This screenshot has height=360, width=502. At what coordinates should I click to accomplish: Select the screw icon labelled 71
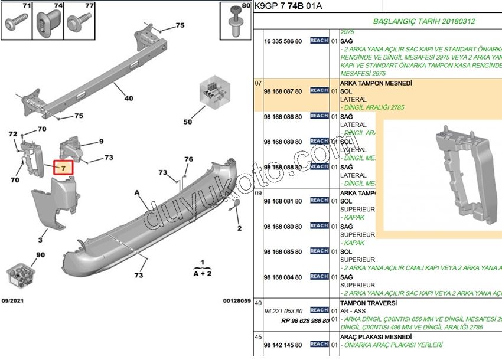(x=14, y=22)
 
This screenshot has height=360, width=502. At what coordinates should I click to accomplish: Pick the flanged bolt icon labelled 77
(x=77, y=22)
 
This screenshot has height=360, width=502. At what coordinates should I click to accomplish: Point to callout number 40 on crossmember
(x=128, y=99)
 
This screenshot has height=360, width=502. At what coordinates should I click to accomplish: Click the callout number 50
(x=188, y=122)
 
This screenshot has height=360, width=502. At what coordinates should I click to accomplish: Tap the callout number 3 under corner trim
(x=40, y=240)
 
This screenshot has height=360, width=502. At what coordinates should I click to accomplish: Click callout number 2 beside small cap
(x=239, y=228)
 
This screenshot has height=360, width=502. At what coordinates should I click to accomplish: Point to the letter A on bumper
(x=137, y=192)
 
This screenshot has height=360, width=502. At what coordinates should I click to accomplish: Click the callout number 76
(x=188, y=159)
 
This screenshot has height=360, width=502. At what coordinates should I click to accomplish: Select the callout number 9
(x=101, y=141)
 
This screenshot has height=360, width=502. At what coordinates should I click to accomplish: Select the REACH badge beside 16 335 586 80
(x=319, y=41)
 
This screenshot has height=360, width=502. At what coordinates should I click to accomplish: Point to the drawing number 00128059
(x=236, y=300)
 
